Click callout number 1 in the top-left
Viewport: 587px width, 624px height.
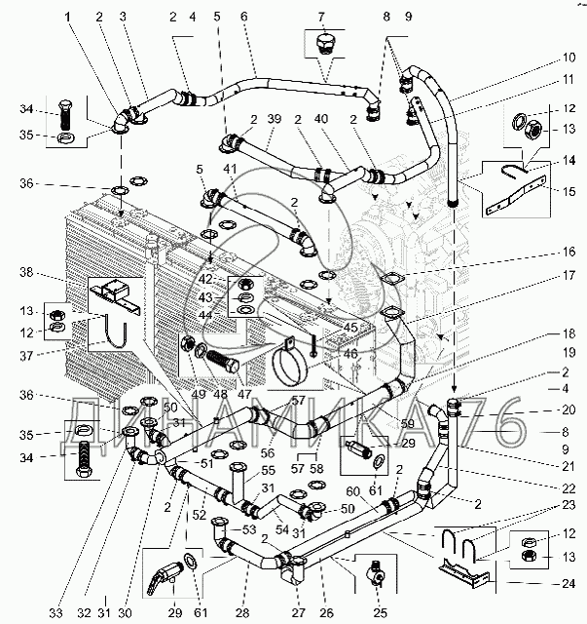pos(69,18)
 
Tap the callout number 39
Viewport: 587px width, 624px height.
pos(275,119)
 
